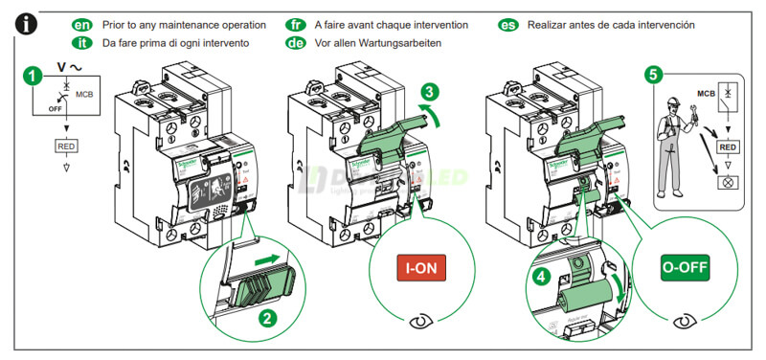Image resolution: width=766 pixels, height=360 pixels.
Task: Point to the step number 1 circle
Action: click(34, 74)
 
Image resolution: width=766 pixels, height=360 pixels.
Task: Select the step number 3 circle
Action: click(431, 93)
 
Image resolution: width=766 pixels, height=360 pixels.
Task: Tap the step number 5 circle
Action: click(653, 74)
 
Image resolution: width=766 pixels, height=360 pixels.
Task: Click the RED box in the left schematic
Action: click(67, 146)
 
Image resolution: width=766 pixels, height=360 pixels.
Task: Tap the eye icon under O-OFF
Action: click(684, 321)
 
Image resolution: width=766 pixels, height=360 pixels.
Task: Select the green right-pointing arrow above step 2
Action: click(270, 258)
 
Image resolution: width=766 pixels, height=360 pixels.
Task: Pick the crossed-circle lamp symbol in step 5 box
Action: click(729, 180)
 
